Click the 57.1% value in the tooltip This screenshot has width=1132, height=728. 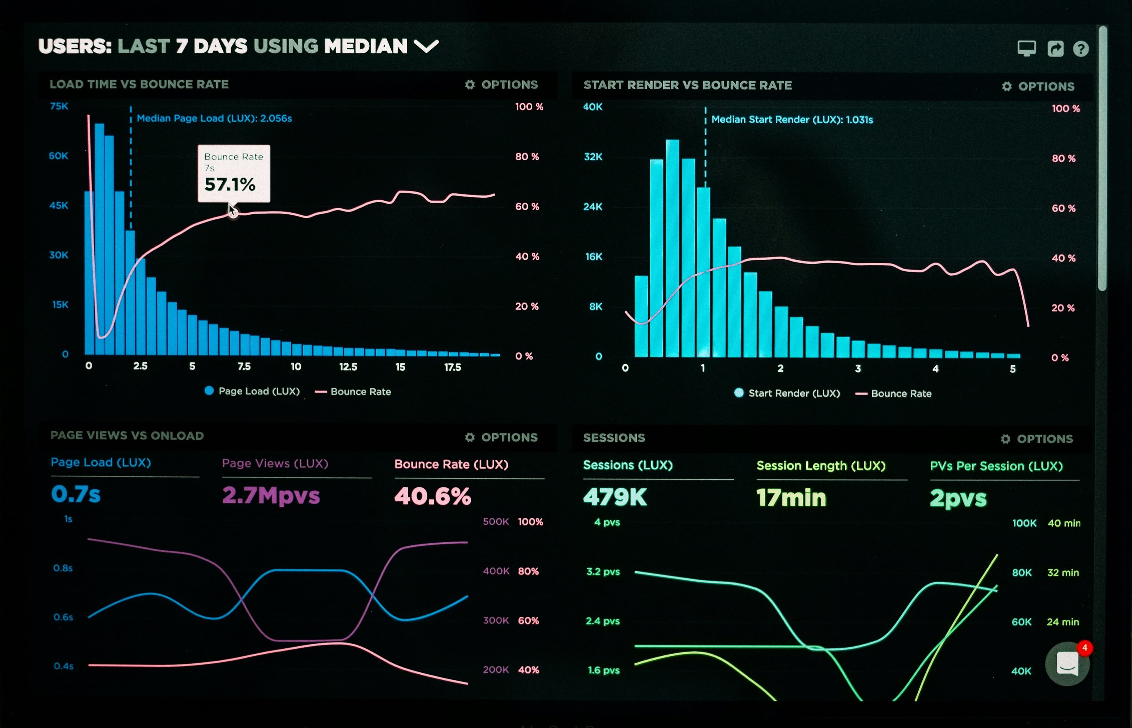coord(230,184)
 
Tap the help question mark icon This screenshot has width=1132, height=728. coord(1080,49)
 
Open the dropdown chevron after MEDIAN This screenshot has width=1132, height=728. coord(426,46)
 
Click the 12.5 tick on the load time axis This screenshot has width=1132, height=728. coord(348,367)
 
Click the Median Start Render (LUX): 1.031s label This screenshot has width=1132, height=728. coord(792,120)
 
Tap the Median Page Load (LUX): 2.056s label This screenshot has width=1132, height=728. coord(214,118)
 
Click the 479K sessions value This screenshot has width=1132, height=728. coord(614,497)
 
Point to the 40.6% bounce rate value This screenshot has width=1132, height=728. coord(432,496)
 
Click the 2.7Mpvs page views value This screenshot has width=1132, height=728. coord(271,495)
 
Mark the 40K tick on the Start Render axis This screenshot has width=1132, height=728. coord(593,107)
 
